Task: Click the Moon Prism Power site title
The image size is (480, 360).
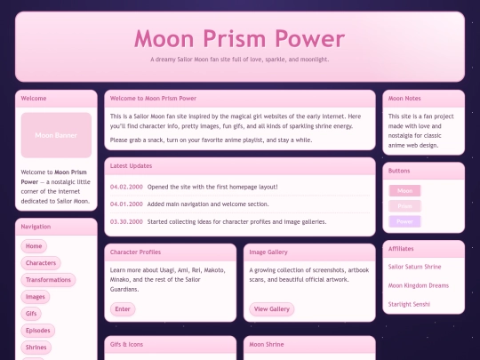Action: (x=239, y=39)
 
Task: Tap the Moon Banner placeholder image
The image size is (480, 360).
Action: (x=56, y=135)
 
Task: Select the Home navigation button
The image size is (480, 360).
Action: (x=34, y=246)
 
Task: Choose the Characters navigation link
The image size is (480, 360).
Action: (x=41, y=263)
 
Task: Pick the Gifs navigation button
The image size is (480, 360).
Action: (x=32, y=314)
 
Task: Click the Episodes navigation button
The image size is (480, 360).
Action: (x=37, y=331)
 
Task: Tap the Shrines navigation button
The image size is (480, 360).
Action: (x=36, y=348)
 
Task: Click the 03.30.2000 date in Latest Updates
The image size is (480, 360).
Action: (x=126, y=221)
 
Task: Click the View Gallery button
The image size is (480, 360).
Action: (x=272, y=309)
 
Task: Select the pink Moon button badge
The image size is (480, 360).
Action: (x=404, y=191)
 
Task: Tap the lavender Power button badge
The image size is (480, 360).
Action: (x=404, y=221)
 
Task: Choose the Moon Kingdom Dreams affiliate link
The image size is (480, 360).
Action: (x=420, y=285)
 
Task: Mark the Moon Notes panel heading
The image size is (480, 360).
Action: (x=404, y=98)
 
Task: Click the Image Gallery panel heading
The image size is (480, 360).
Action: (x=268, y=252)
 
